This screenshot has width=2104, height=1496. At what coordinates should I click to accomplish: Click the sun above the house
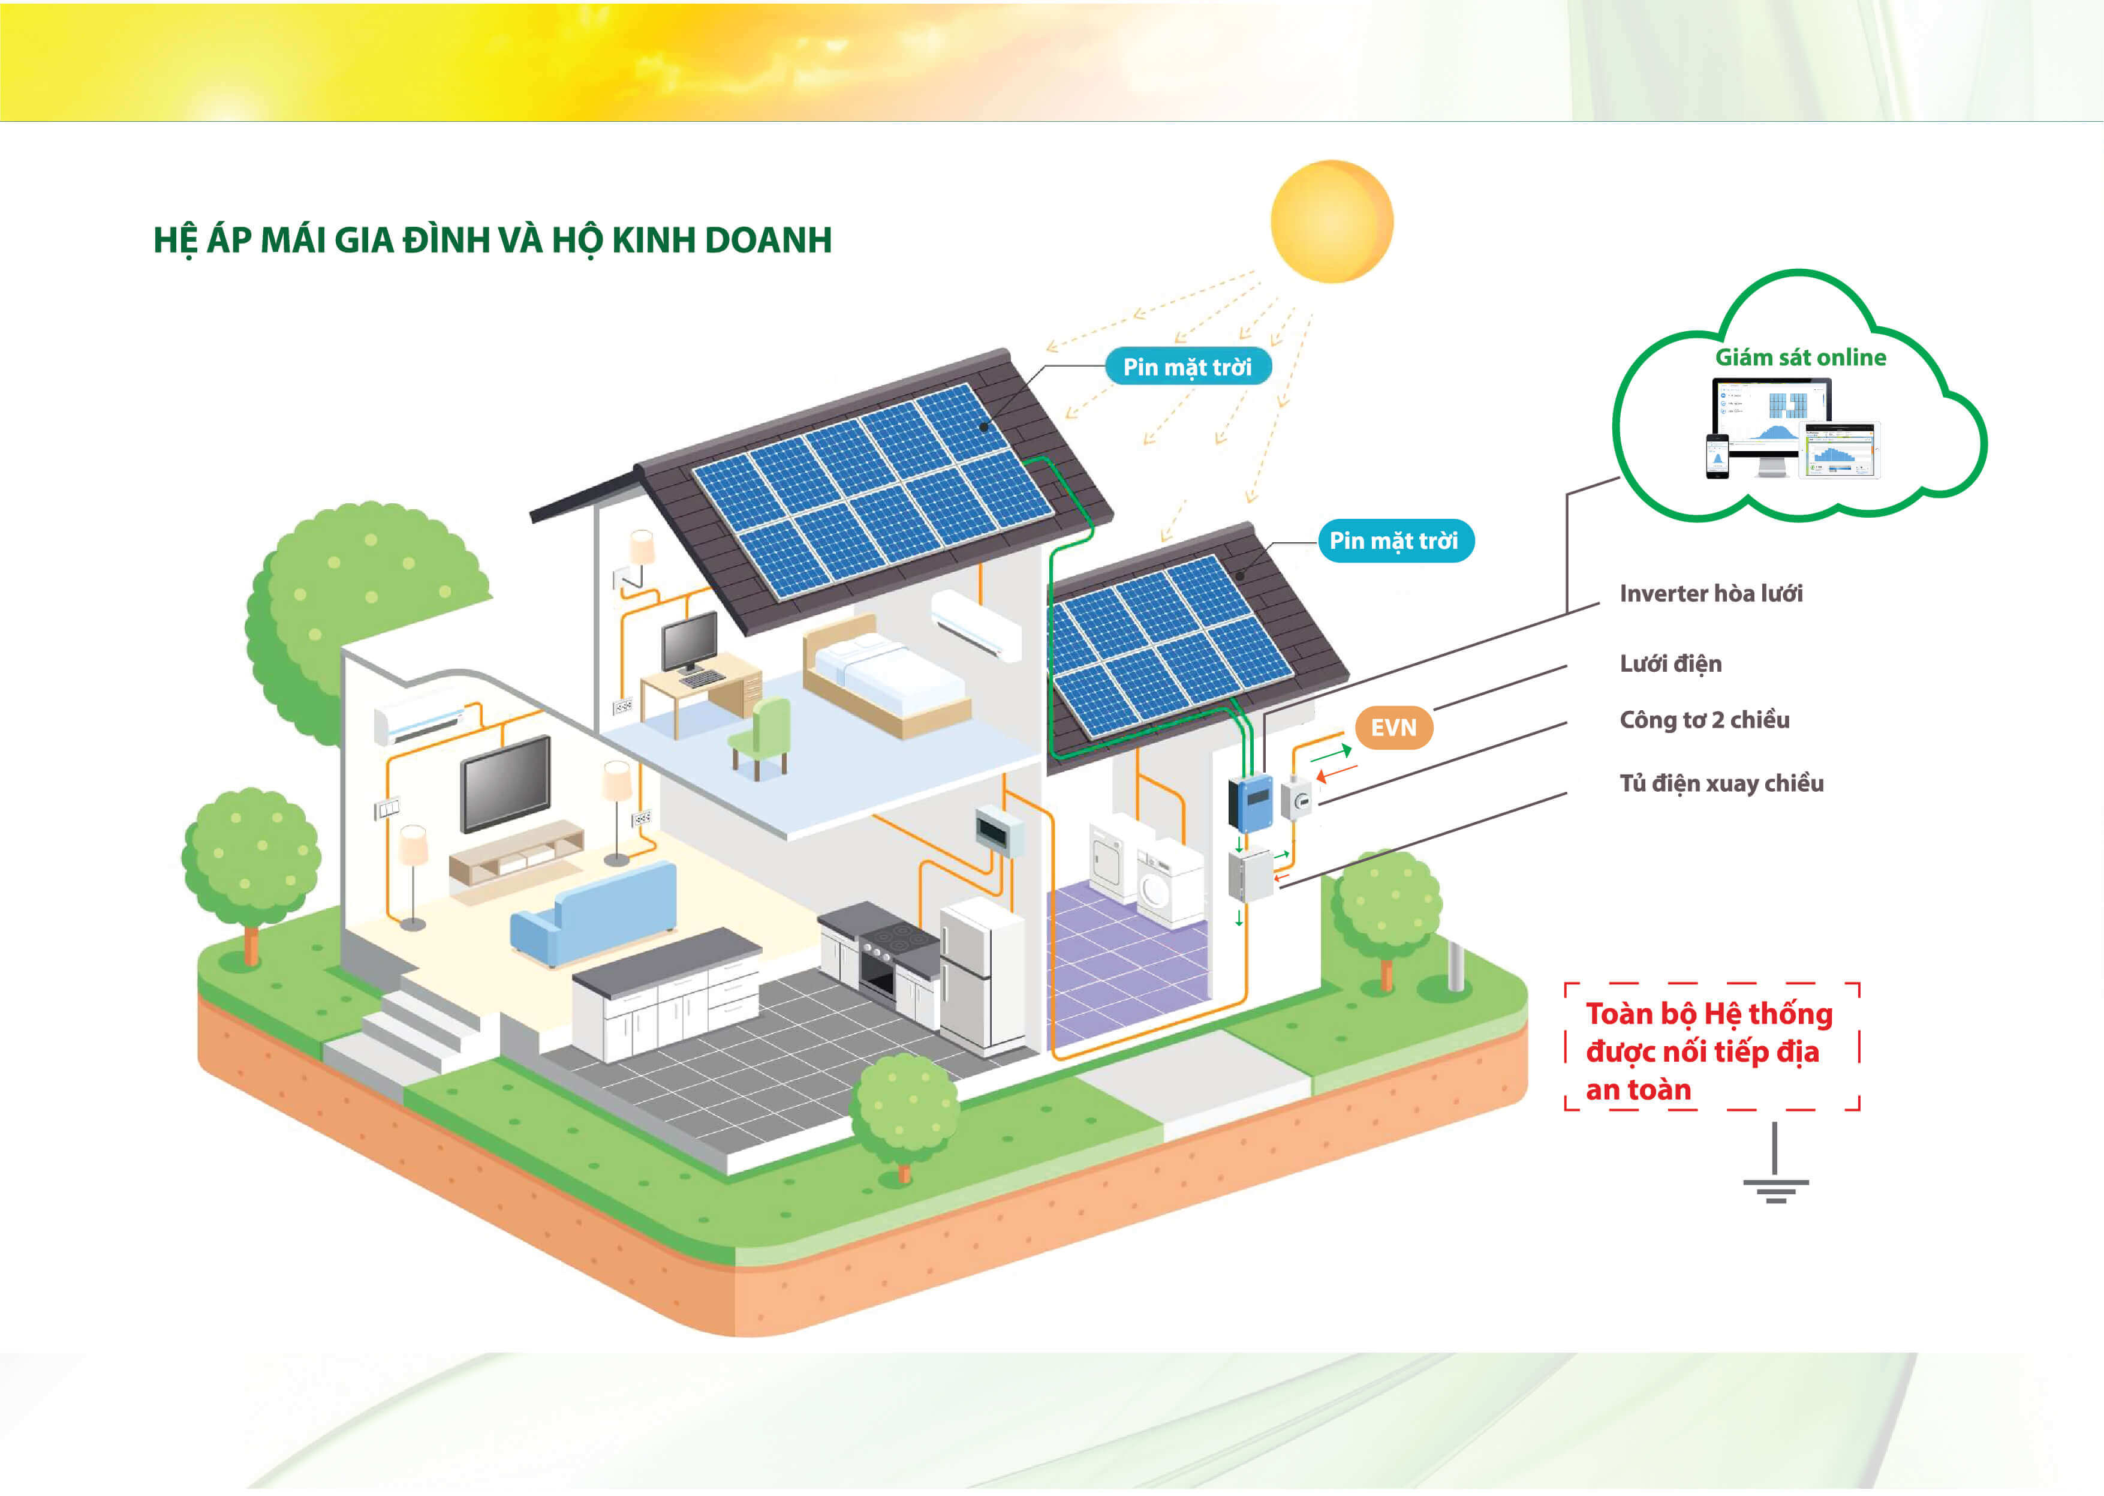tap(1332, 221)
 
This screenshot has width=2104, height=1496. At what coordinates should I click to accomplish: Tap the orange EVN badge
tap(1393, 728)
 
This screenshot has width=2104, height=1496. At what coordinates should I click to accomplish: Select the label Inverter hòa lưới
tap(1711, 593)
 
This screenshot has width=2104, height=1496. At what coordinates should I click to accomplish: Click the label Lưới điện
tap(1670, 663)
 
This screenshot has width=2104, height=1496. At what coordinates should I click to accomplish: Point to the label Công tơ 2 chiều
tap(1705, 719)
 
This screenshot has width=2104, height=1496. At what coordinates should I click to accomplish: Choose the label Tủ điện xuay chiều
tap(1721, 783)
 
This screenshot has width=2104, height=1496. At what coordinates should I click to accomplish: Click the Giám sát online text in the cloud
tap(1800, 358)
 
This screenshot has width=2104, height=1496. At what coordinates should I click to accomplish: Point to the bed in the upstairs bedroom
tap(884, 677)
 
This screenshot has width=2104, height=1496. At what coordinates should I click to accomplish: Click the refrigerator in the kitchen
tap(980, 977)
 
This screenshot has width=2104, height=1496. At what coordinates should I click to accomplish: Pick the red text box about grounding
tap(1711, 1050)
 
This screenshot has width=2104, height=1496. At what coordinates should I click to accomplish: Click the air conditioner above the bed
tap(976, 624)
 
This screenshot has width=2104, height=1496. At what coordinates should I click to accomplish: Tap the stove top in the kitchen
tap(889, 939)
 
